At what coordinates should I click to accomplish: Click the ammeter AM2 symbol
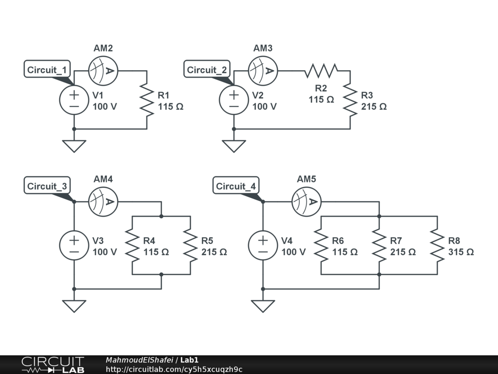click(103, 71)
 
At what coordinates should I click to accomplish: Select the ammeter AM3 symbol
click(263, 71)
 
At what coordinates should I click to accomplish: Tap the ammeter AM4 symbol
click(103, 202)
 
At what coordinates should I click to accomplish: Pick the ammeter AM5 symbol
click(306, 202)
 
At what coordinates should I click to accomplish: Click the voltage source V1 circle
click(74, 100)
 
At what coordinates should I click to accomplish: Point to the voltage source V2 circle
click(234, 100)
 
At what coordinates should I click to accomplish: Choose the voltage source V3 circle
click(74, 245)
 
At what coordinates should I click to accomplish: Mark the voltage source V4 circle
click(263, 245)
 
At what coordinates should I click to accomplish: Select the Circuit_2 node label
click(207, 70)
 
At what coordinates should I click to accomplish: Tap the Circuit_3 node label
click(47, 186)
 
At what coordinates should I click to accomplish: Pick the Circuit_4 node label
click(236, 186)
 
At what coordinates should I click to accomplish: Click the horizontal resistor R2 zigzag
click(321, 71)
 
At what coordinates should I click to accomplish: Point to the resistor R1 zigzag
click(146, 100)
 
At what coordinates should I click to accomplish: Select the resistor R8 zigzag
click(437, 245)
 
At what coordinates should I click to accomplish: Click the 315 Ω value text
click(461, 252)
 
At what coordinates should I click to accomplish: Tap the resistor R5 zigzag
click(190, 245)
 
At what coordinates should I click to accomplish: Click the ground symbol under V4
click(263, 306)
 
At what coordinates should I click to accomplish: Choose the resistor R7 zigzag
click(379, 245)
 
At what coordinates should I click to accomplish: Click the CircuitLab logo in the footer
click(53, 365)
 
